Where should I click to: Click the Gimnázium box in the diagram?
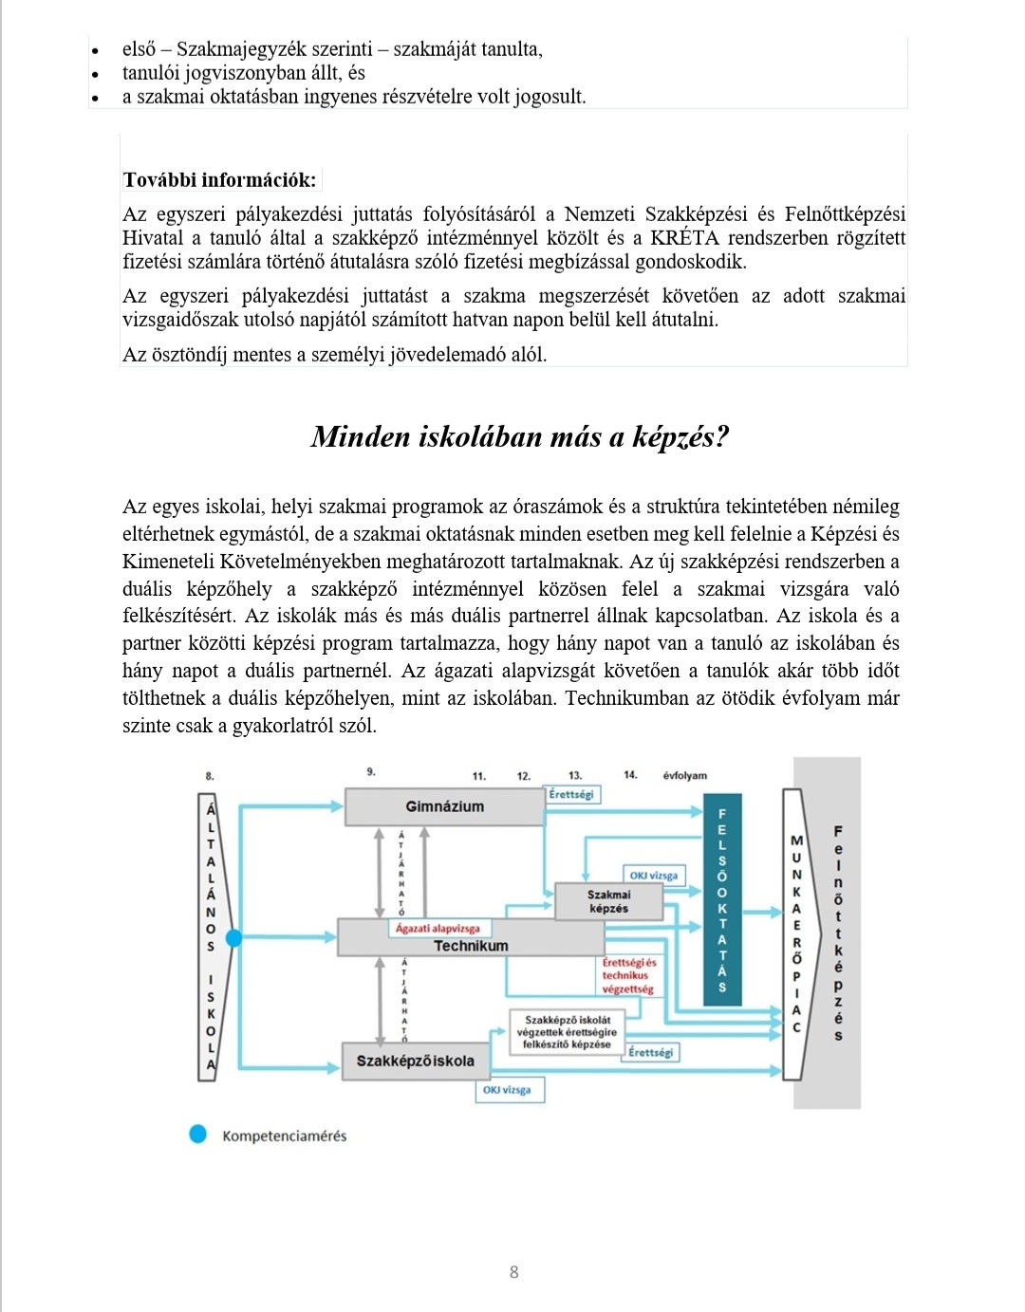tap(444, 807)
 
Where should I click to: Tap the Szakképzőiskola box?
tap(415, 1061)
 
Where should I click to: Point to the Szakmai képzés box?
tap(608, 901)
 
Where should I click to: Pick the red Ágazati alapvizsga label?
tap(438, 928)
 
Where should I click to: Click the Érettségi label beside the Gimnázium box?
tap(571, 793)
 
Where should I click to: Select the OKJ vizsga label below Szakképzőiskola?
tap(509, 1090)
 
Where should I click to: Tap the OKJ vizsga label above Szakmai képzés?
tap(653, 875)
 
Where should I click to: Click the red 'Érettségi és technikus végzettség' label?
tap(628, 975)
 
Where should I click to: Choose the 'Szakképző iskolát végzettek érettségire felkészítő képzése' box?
tap(567, 1032)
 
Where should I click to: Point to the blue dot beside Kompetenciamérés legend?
tap(197, 1135)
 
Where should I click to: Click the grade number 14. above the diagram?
tap(630, 775)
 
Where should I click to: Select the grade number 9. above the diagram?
tap(371, 772)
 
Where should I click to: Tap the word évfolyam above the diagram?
tap(684, 775)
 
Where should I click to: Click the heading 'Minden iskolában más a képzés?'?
tap(519, 436)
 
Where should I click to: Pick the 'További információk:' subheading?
tap(219, 180)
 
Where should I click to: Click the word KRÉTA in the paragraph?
tap(684, 237)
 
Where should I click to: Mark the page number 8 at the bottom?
tap(513, 1272)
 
